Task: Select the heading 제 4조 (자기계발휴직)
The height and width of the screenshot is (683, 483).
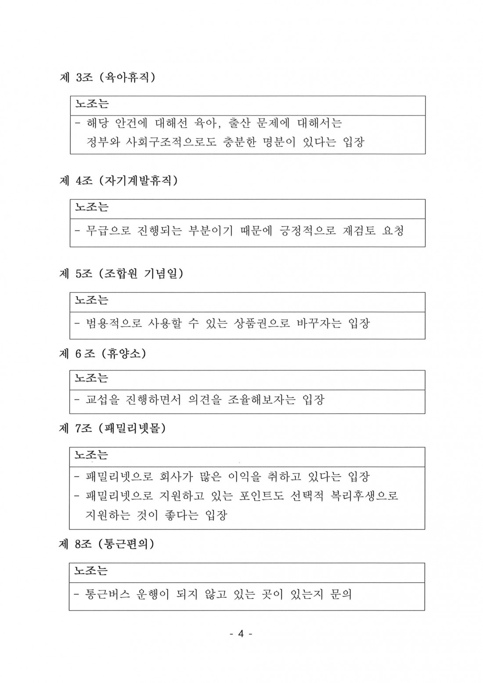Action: click(119, 181)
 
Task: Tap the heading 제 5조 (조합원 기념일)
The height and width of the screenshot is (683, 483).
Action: click(121, 274)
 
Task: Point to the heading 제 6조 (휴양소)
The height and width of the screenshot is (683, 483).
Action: click(102, 353)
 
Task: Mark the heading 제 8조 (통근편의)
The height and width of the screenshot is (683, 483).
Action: click(107, 544)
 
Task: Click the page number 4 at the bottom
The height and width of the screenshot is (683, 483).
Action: click(241, 633)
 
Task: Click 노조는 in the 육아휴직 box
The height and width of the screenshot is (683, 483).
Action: click(92, 104)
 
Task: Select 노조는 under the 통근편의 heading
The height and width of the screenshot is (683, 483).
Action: click(91, 571)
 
